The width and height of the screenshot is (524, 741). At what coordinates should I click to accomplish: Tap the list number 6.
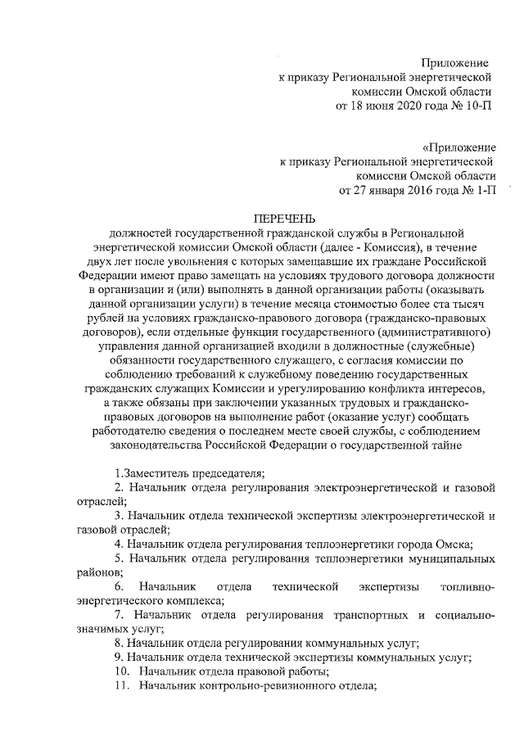pyautogui.click(x=120, y=586)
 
